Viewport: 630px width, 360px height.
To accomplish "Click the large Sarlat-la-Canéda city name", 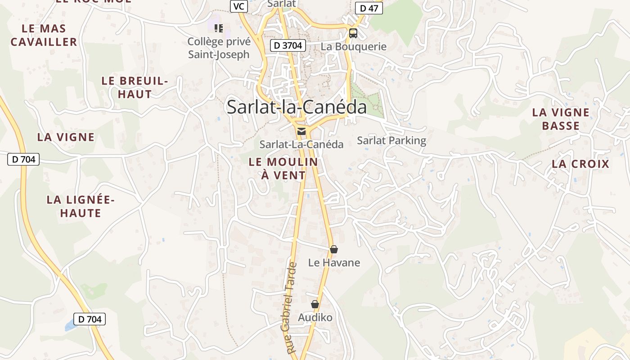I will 296,107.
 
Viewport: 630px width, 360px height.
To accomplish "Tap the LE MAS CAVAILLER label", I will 44,35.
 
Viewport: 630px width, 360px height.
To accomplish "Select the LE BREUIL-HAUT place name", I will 134,87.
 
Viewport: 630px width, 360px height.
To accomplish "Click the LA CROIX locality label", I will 580,164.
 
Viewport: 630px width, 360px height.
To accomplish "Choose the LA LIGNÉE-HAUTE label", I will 81,206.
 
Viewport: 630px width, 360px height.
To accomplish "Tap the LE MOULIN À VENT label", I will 283,168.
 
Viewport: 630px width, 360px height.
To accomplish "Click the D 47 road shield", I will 369,8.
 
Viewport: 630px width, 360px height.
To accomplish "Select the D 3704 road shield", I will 288,45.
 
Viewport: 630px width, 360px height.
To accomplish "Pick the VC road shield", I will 238,6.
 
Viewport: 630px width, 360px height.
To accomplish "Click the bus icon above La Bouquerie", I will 353,33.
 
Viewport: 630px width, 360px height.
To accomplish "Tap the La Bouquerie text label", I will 353,46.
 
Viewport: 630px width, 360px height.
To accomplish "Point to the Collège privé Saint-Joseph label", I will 218,48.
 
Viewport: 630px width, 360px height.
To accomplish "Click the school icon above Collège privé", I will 219,29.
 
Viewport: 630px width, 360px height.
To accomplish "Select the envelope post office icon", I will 301,131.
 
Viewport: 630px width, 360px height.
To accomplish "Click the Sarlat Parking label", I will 391,140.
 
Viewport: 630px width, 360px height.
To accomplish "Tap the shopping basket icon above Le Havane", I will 334,249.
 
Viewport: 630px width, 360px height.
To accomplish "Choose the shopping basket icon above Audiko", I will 315,305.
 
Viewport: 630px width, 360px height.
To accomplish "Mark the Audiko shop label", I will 315,318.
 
